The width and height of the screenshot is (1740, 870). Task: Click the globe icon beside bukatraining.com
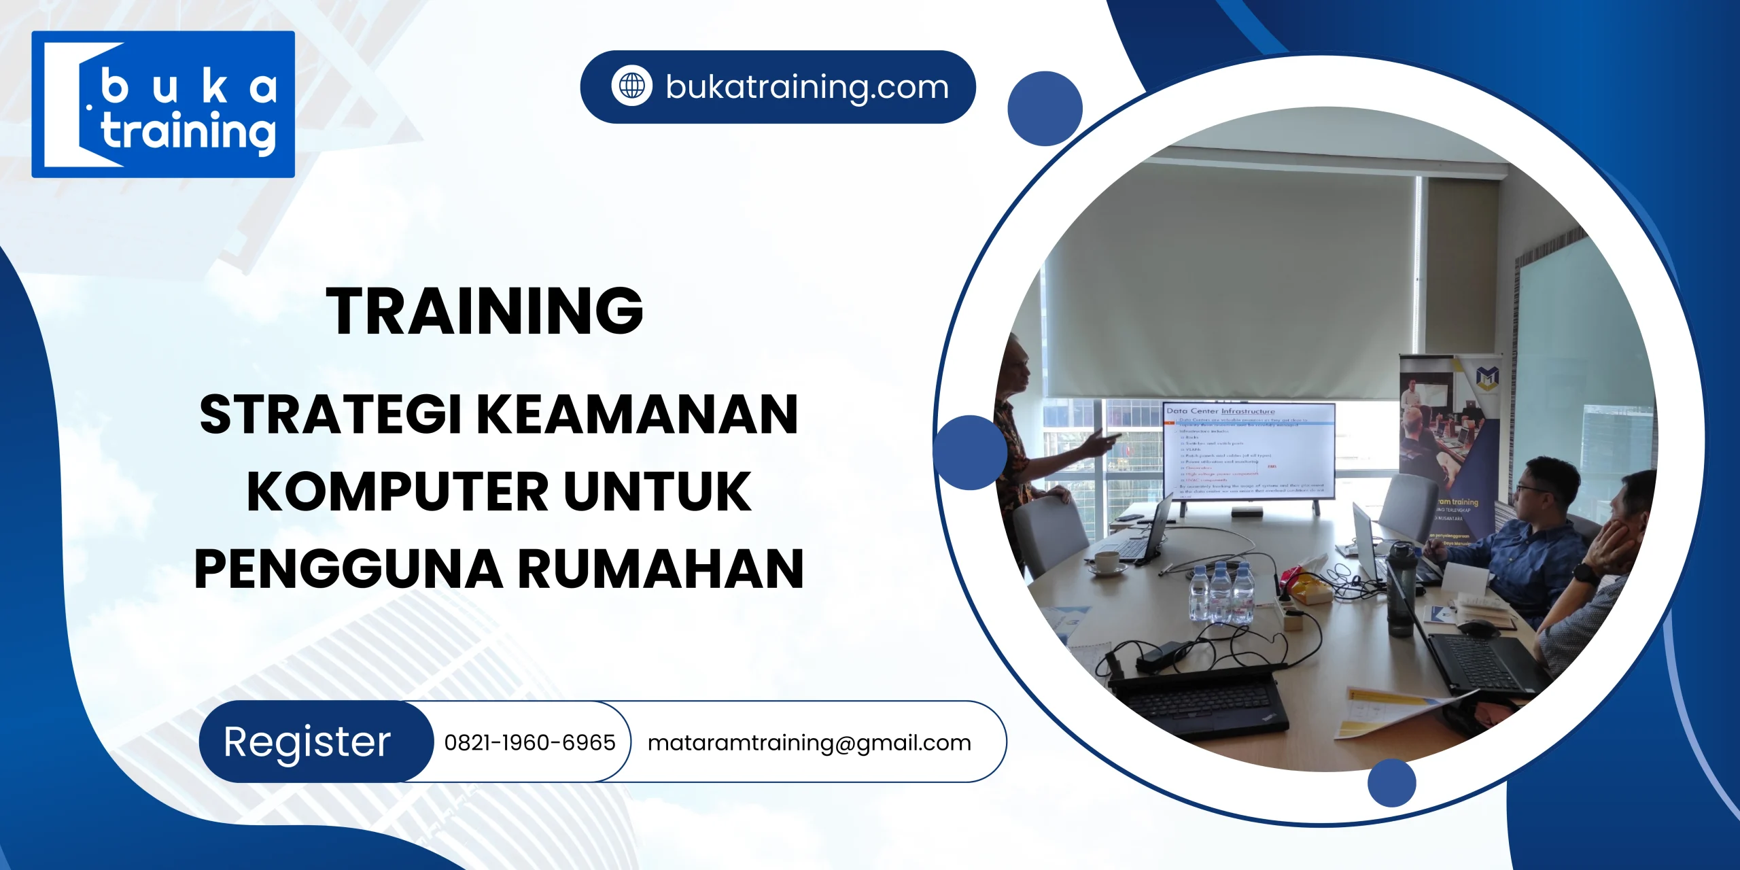coord(631,86)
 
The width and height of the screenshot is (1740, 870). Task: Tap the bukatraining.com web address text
coord(807,87)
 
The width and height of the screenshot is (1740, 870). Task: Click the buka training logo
coord(163,105)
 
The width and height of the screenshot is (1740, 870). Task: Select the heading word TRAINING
coord(485,311)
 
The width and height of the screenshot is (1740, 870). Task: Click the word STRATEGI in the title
coord(331,415)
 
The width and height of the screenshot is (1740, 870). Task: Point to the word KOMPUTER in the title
coord(397,491)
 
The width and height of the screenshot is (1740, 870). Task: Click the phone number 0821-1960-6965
coord(529,742)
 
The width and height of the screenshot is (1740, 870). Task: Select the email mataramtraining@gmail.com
coord(809,742)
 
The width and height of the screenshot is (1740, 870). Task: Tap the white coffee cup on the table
coord(1107,562)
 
